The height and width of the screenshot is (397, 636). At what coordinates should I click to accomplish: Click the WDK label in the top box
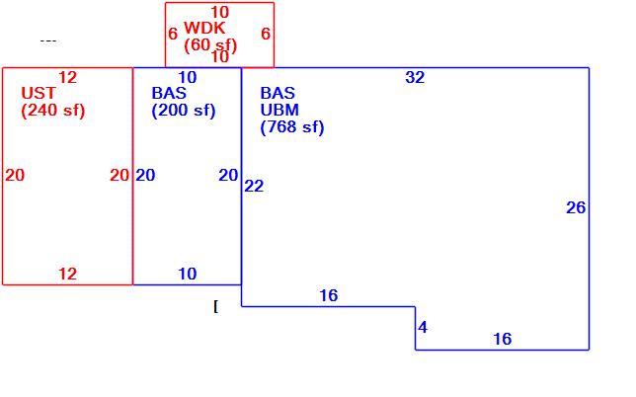pyautogui.click(x=204, y=28)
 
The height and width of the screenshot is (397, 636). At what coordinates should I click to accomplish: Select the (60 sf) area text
pyautogui.click(x=210, y=45)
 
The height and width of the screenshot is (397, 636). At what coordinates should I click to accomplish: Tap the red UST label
pyautogui.click(x=39, y=93)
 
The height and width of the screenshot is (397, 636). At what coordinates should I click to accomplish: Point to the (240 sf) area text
pyautogui.click(x=53, y=111)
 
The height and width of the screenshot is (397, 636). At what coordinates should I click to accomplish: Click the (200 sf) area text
pyautogui.click(x=184, y=111)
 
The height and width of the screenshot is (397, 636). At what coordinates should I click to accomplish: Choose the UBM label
pyautogui.click(x=279, y=110)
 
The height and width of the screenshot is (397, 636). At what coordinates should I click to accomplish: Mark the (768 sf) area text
pyautogui.click(x=292, y=127)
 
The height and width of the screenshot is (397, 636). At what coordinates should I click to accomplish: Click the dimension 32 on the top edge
pyautogui.click(x=415, y=77)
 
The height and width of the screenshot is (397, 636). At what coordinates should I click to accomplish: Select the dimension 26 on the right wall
pyautogui.click(x=576, y=207)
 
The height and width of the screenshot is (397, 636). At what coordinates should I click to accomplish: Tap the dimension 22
pyautogui.click(x=254, y=186)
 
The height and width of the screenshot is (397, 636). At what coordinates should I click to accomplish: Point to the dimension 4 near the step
pyautogui.click(x=423, y=327)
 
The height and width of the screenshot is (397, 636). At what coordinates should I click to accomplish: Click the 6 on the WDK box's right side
pyautogui.click(x=266, y=34)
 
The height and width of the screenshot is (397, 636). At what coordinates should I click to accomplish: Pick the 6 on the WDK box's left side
pyautogui.click(x=173, y=34)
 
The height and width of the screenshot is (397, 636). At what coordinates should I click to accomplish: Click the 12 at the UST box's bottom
pyautogui.click(x=67, y=274)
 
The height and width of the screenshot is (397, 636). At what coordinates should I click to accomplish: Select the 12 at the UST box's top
pyautogui.click(x=67, y=77)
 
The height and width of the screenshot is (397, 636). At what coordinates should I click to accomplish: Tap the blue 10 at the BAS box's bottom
pyautogui.click(x=187, y=274)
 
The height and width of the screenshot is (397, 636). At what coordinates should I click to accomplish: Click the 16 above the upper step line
pyautogui.click(x=328, y=295)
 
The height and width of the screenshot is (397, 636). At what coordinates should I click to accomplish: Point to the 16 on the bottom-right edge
pyautogui.click(x=502, y=339)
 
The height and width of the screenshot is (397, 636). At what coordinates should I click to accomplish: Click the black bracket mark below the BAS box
pyautogui.click(x=215, y=307)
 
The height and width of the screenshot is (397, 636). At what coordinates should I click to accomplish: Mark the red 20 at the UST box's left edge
pyautogui.click(x=15, y=175)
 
